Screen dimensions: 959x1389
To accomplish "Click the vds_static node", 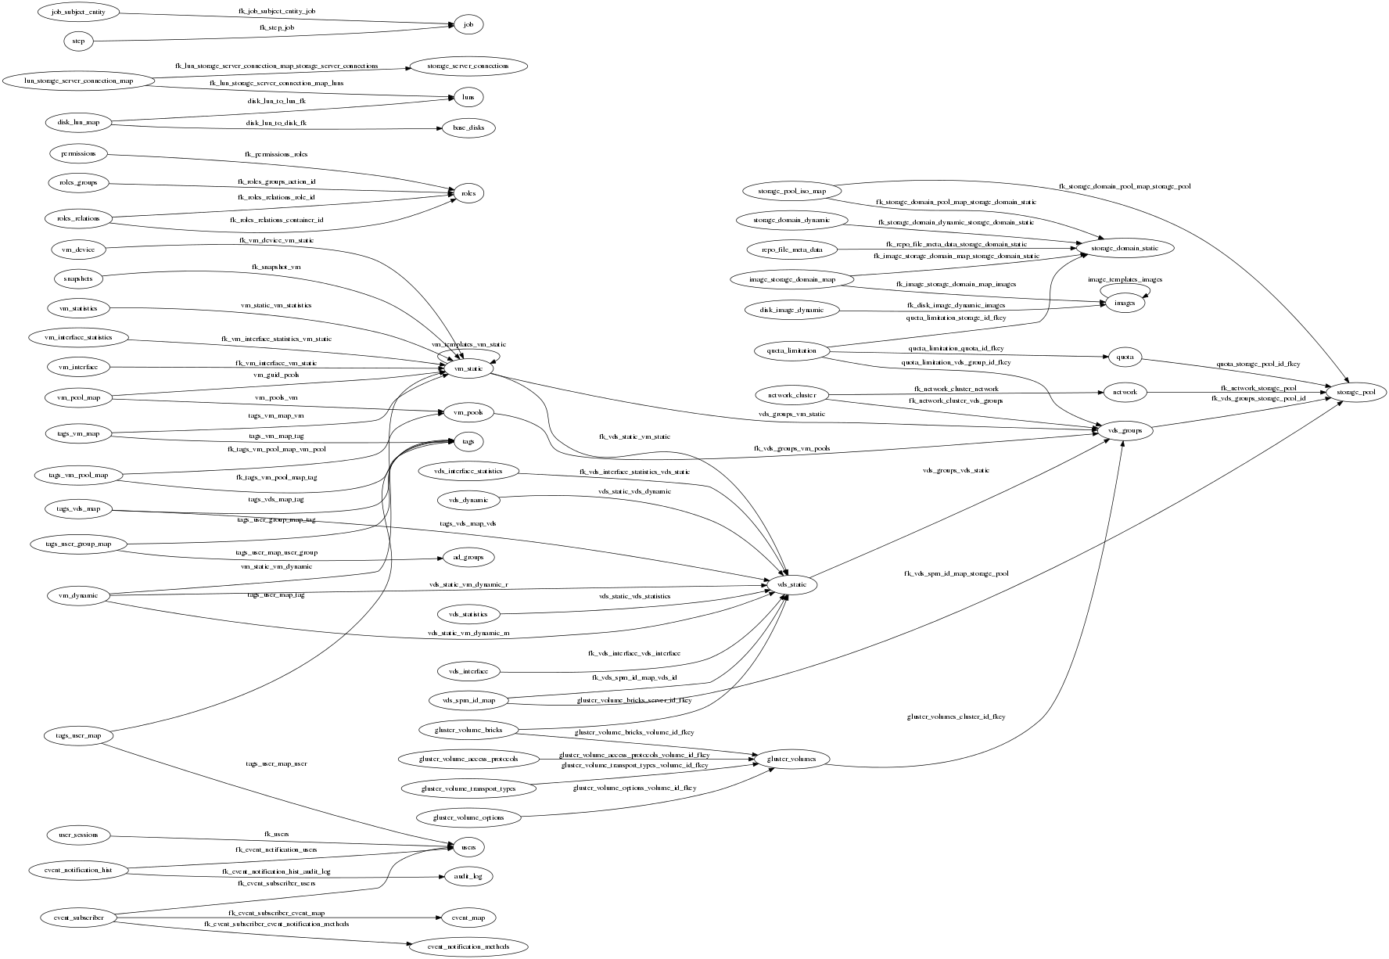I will [791, 584].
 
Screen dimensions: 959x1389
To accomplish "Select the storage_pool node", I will [1355, 392].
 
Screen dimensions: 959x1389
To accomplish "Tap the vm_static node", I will [468, 369].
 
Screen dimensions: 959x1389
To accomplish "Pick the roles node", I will [468, 193].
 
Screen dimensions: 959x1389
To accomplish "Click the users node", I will [468, 847].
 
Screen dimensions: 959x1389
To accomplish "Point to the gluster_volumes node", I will [791, 759].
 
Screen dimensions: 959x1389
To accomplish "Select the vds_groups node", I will [1125, 430].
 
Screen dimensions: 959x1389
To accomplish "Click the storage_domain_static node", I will [1125, 248].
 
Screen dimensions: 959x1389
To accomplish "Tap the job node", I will [468, 25].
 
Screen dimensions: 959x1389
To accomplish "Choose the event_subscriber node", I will [79, 918].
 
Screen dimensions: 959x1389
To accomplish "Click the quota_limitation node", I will [791, 350].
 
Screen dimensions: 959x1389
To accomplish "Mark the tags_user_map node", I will [79, 735].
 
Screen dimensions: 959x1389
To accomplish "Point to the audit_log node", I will [468, 877].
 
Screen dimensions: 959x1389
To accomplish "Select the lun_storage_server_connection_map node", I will [79, 81].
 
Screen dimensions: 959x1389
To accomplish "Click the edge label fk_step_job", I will [277, 27].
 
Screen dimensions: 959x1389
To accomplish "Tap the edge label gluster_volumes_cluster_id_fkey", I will [956, 717].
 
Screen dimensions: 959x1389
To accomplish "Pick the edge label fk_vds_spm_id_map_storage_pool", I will [956, 573].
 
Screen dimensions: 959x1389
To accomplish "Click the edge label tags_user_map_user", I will [276, 763].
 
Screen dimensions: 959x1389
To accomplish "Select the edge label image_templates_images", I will [1125, 279].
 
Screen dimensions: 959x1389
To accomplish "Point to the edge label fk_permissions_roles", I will [276, 154].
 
